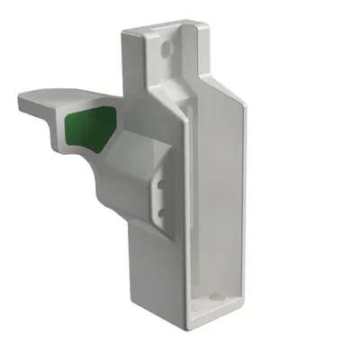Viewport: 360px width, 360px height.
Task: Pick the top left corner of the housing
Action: [x=123, y=32]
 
